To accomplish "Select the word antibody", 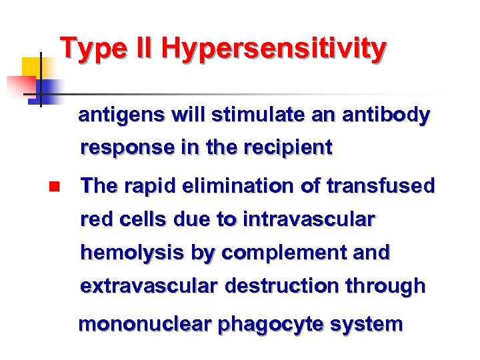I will [386, 116].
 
